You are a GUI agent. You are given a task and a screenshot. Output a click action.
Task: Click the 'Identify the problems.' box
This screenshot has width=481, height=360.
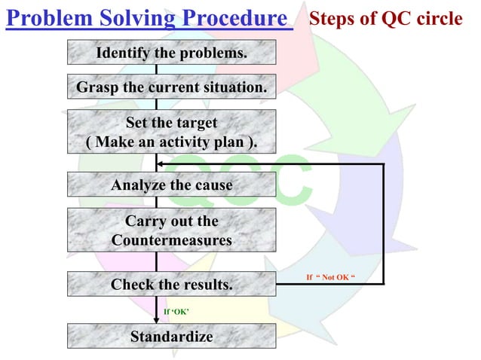(171, 53)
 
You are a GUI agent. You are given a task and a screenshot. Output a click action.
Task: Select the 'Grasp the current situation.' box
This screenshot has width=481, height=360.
(171, 88)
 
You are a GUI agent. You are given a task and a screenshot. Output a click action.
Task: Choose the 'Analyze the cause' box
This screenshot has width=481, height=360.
(171, 185)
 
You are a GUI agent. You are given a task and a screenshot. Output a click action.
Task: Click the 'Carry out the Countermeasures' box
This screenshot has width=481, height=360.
(171, 230)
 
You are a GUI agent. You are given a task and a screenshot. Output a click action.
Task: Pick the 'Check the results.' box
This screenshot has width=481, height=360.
(171, 285)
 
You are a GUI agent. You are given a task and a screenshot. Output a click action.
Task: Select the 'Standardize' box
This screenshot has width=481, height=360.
(171, 336)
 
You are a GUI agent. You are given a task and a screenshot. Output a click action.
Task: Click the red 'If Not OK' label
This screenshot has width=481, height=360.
(330, 277)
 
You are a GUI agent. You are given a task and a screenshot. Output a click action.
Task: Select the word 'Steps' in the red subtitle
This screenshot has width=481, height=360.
(332, 19)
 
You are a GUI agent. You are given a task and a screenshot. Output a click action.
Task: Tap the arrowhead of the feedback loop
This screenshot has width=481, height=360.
(160, 163)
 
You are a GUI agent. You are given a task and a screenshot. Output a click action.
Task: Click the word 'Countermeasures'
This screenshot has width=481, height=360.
(171, 240)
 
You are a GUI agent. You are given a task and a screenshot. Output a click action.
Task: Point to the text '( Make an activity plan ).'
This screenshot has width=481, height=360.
(171, 142)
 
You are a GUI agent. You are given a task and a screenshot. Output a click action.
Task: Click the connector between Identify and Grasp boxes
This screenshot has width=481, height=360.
(156, 69)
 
